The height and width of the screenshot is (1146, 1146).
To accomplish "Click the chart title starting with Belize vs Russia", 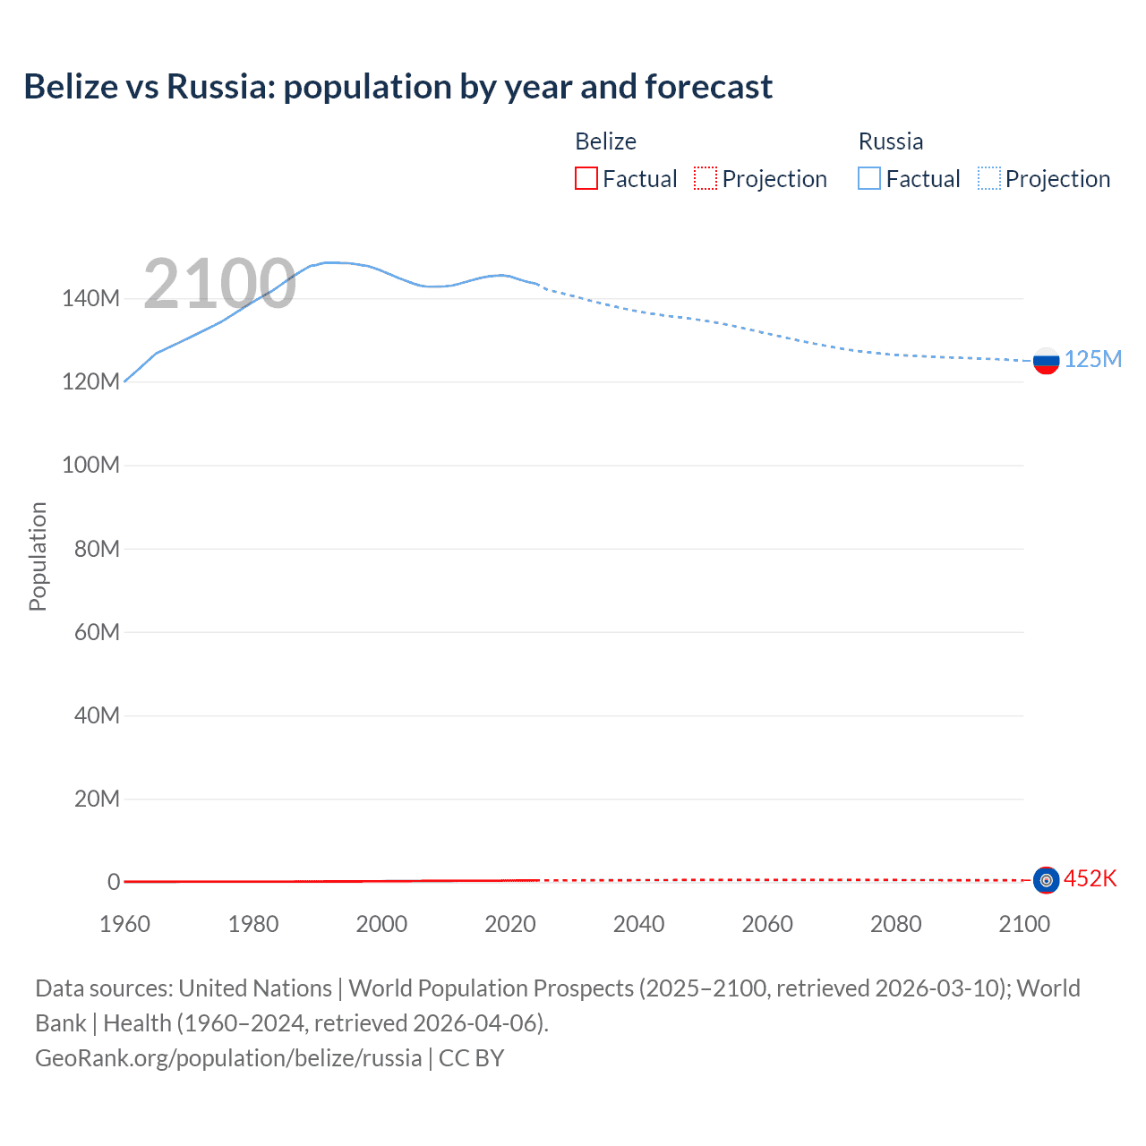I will pyautogui.click(x=398, y=87).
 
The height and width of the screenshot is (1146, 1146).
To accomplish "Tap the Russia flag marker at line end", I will pyautogui.click(x=1046, y=361).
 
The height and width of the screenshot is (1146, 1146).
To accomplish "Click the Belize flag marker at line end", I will pyautogui.click(x=1046, y=880).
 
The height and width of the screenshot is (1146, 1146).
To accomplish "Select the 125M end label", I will pyautogui.click(x=1092, y=359).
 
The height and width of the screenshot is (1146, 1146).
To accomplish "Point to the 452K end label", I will pyautogui.click(x=1090, y=878).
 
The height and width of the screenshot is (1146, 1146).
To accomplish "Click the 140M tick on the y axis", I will pyautogui.click(x=90, y=298).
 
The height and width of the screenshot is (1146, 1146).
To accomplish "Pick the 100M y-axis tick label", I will pyautogui.click(x=90, y=465).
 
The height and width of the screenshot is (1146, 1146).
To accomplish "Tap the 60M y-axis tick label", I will pyautogui.click(x=97, y=632).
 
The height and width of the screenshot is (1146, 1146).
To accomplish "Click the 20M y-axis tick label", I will pyautogui.click(x=97, y=799).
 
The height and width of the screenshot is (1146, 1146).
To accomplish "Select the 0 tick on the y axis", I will pyautogui.click(x=114, y=882).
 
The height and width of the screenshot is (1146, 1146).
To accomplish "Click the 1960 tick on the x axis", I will pyautogui.click(x=124, y=924).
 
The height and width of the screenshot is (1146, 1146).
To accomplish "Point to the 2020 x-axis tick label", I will pyautogui.click(x=510, y=924).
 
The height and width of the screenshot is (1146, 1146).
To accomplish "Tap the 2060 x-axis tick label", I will pyautogui.click(x=767, y=924).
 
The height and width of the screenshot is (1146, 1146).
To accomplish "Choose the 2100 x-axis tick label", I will pyautogui.click(x=1024, y=924).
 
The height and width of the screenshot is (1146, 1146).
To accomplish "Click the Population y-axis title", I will pyautogui.click(x=38, y=556).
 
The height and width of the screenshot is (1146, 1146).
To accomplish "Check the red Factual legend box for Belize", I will pyautogui.click(x=586, y=178).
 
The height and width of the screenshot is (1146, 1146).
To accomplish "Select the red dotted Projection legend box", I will pyautogui.click(x=706, y=178).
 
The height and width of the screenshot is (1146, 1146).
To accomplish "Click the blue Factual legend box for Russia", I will pyautogui.click(x=869, y=178).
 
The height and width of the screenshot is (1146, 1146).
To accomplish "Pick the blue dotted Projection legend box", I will pyautogui.click(x=988, y=178).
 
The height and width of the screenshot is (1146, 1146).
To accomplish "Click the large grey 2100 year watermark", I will pyautogui.click(x=219, y=284).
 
